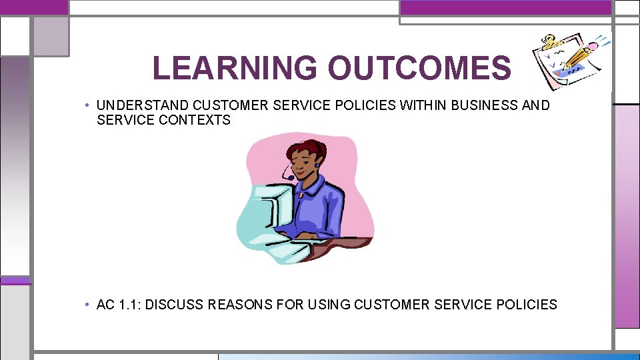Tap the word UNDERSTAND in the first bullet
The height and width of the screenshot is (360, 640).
click(143, 105)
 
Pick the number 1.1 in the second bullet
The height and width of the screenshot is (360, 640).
click(129, 305)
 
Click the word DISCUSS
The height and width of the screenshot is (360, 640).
click(175, 305)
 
